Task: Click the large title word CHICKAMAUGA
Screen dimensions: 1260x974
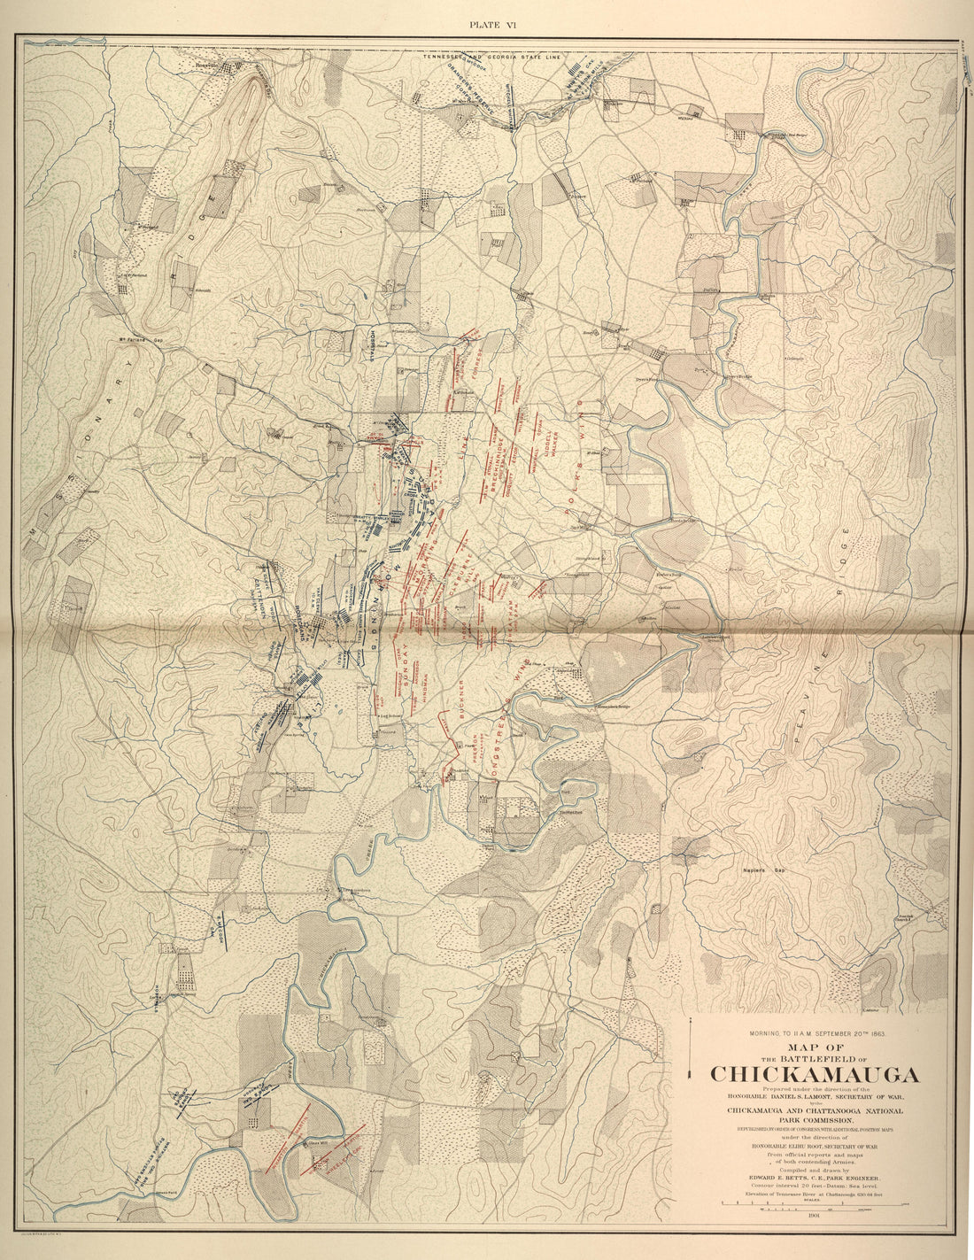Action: [815, 1074]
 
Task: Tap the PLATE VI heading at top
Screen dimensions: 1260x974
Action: [492, 25]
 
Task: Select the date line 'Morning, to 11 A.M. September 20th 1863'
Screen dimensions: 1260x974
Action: [816, 1033]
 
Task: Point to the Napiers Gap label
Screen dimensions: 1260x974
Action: [762, 870]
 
